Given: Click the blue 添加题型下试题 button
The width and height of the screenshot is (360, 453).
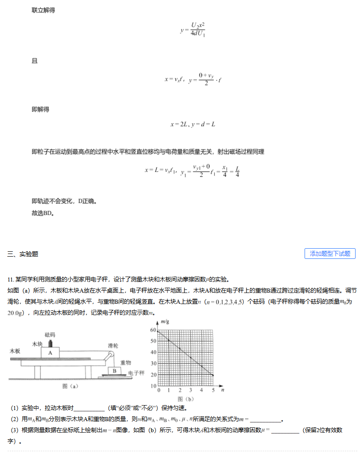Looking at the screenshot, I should (330, 254).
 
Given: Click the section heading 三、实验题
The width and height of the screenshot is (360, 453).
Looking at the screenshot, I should (23, 254).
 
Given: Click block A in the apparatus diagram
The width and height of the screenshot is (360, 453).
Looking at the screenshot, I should (51, 353).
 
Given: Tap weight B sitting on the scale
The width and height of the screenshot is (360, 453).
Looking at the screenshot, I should (114, 371).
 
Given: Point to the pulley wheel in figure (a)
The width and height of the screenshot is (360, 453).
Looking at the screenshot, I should (110, 355).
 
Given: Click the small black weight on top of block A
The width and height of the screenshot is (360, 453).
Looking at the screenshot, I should (51, 344).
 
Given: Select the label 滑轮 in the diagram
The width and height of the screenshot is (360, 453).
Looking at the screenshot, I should (113, 345).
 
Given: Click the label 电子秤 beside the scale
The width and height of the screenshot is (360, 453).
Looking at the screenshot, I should (136, 373).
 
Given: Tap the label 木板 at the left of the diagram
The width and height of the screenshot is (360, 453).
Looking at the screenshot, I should (15, 351).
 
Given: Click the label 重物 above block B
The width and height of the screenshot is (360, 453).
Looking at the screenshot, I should (125, 363).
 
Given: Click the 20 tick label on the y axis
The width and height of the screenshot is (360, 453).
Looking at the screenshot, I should (153, 375).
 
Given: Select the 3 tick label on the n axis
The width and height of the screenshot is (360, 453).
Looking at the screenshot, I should (191, 390).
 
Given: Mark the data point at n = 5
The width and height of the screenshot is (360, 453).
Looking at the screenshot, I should (212, 375).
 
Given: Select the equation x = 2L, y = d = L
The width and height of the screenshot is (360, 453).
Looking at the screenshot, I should (193, 124).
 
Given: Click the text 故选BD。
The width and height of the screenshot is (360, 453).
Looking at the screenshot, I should (43, 213).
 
